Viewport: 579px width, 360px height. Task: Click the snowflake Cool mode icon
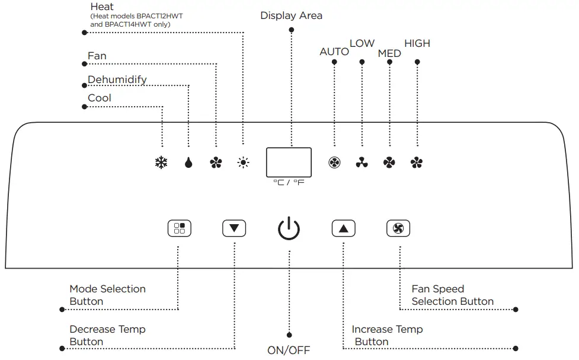point(161,163)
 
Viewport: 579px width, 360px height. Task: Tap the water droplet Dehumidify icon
point(188,163)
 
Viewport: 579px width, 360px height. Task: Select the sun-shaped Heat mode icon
point(243,163)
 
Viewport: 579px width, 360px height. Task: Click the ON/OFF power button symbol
point(289,228)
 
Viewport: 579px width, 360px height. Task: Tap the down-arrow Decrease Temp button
point(234,228)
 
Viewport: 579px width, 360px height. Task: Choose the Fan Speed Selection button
point(398,228)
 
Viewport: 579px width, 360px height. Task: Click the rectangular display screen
point(289,161)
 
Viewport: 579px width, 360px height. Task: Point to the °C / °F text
point(289,183)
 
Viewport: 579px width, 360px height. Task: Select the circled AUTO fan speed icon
point(334,163)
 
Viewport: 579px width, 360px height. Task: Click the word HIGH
point(417,43)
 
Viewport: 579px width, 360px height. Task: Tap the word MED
point(389,53)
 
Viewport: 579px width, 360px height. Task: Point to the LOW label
point(362,43)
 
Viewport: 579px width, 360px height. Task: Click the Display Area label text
point(291,15)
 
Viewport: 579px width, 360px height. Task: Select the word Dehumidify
point(117,79)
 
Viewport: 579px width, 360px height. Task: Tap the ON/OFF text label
point(289,350)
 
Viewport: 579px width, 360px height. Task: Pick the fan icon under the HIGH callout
point(417,163)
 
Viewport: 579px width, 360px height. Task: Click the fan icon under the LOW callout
point(362,163)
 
